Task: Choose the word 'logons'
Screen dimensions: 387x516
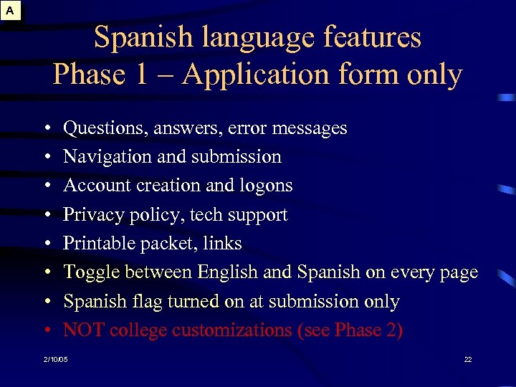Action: [x=268, y=186]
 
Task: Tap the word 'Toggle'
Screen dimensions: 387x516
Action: [x=91, y=273]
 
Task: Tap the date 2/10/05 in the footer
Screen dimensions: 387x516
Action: [x=55, y=358]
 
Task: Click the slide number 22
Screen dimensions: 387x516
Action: [x=468, y=358]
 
